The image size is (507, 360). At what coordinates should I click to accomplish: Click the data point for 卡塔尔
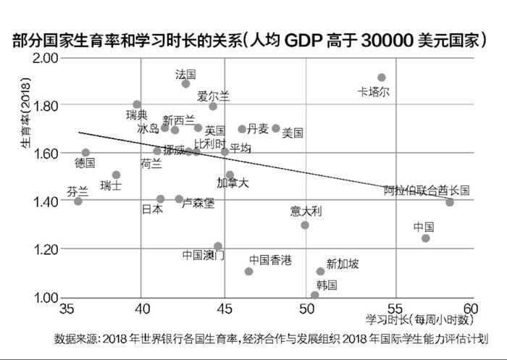point(382,78)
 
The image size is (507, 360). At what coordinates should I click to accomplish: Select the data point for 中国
point(426,238)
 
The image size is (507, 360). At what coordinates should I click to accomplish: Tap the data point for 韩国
point(315,296)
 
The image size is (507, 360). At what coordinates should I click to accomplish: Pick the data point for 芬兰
point(78,201)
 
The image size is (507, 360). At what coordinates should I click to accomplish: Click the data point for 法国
point(185,84)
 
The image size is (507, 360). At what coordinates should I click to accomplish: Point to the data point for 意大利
point(305,225)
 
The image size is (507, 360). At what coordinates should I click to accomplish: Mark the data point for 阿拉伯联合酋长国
point(450,202)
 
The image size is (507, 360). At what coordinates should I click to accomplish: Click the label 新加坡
point(342,264)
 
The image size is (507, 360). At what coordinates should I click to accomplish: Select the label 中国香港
point(270,259)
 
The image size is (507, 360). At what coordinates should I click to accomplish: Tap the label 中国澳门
point(204,254)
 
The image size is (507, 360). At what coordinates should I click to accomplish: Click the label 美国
point(292,133)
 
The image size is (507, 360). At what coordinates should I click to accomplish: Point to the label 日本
point(152,209)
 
